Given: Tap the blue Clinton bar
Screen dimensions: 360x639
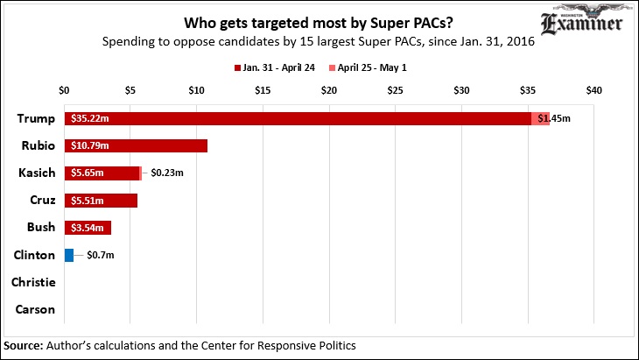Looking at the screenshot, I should point(69,255).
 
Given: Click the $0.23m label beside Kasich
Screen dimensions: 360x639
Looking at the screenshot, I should point(168,173).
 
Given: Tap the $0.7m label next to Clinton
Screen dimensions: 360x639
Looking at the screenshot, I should point(101,255).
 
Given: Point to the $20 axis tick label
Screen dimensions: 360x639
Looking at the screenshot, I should point(329,90).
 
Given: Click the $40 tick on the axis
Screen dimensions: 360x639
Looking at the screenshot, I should point(594,90).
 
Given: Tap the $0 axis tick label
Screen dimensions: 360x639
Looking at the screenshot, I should point(64,90).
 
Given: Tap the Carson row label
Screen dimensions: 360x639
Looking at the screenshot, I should point(36,309).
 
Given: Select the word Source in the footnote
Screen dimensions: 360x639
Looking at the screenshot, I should point(26,345).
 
